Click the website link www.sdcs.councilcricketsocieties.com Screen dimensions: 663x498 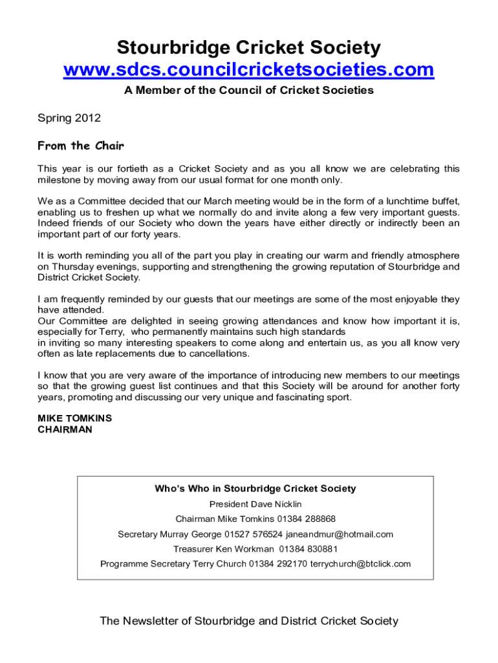pyautogui.click(x=249, y=69)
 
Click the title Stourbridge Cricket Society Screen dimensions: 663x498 pyautogui.click(x=249, y=47)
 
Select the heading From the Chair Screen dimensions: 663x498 pyautogui.click(x=81, y=146)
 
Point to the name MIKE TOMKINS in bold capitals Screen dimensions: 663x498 pyautogui.click(x=74, y=418)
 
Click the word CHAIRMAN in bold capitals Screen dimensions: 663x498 pyautogui.click(x=65, y=429)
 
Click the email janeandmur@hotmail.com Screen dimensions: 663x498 pyautogui.click(x=339, y=534)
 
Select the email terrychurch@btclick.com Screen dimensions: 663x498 pyautogui.click(x=360, y=564)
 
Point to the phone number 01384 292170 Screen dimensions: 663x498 pyautogui.click(x=278, y=564)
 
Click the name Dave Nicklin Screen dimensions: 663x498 pyautogui.click(x=274, y=504)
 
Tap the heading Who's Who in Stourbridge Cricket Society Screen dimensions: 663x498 pyautogui.click(x=255, y=489)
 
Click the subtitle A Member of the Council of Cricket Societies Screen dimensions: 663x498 pyautogui.click(x=249, y=91)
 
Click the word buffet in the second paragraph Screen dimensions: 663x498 pyautogui.click(x=443, y=201)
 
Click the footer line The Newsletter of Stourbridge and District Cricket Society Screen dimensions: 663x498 pyautogui.click(x=249, y=622)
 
